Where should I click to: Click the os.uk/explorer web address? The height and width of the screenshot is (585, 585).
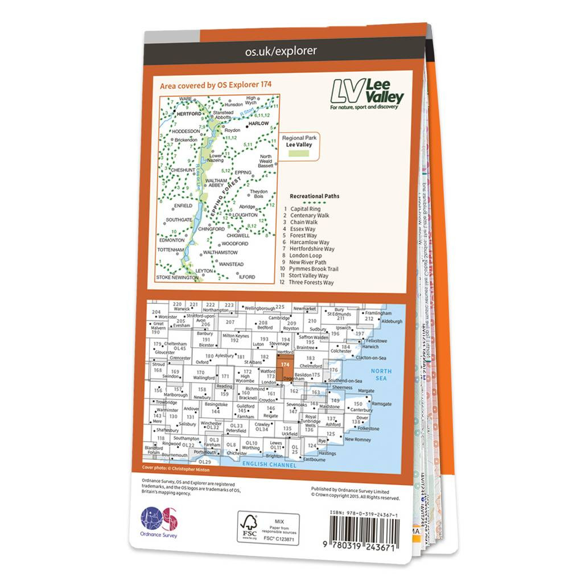(281, 51)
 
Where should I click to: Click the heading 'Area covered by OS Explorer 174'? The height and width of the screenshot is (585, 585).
(216, 85)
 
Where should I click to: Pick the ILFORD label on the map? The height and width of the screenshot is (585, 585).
(248, 277)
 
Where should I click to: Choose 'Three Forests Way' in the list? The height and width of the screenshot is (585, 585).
(312, 283)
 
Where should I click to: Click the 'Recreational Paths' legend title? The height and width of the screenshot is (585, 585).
(315, 196)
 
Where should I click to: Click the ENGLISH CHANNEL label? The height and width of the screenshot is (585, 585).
(269, 465)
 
